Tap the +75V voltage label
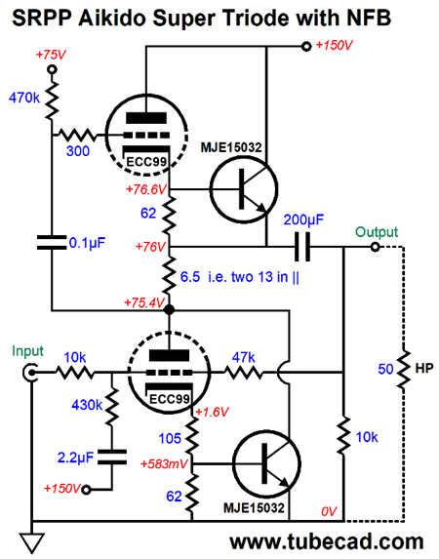point(50,57)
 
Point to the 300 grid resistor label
point(78,152)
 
